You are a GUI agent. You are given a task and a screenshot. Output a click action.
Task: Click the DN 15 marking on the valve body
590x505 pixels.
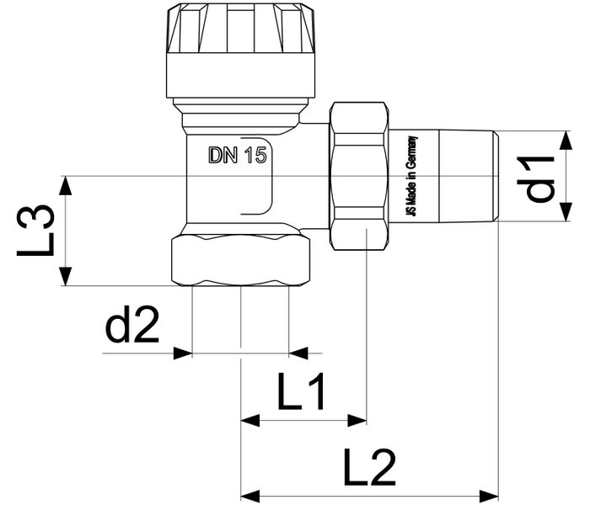pos(237,156)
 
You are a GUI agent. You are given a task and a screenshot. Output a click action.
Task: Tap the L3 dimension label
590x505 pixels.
pos(38,231)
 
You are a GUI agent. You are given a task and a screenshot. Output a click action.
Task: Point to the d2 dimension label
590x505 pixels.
pos(133,327)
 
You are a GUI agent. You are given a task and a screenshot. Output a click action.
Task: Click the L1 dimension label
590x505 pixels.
pos(301,393)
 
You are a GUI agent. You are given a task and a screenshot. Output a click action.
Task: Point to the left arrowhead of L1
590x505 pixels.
pos(249,418)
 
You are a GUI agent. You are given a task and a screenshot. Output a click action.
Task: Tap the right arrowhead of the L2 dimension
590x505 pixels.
pos(490,493)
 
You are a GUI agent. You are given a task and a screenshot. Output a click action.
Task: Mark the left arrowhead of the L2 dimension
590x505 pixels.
pos(249,493)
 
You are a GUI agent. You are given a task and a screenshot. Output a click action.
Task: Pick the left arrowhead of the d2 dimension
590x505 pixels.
pos(184,353)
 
